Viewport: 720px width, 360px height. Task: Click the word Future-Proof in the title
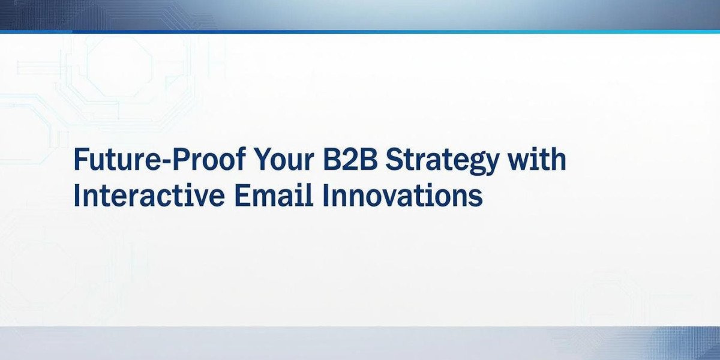pos(160,159)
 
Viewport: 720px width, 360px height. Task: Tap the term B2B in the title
pos(350,159)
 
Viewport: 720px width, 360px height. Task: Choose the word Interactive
pos(149,195)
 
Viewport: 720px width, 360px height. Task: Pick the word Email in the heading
pos(274,195)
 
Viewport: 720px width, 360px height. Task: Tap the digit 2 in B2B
pos(350,159)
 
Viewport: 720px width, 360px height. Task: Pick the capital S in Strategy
pos(394,159)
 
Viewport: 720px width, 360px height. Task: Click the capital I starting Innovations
pos(326,195)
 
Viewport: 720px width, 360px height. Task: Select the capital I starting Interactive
pos(77,195)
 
